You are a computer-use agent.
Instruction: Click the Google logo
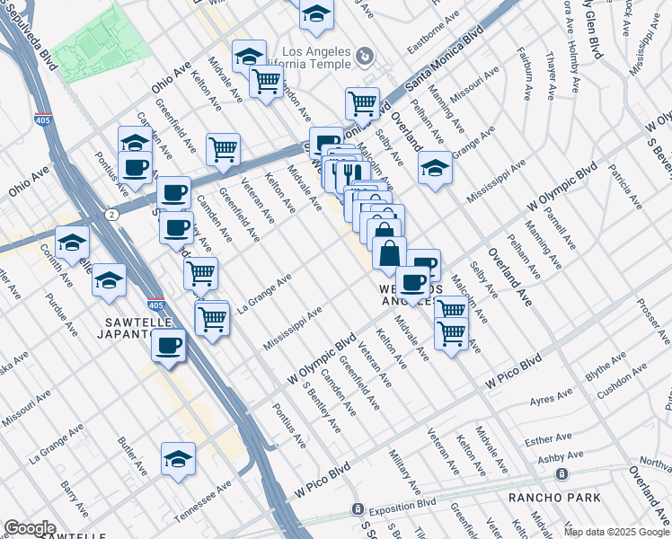coord(30,528)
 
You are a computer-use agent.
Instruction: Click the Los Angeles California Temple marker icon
coord(365,57)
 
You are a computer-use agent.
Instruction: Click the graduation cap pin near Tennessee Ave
coord(179,459)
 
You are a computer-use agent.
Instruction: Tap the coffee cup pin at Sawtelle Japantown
coord(169,345)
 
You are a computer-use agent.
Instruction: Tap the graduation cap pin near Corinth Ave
coord(73,242)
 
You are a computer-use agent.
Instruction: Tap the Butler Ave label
coord(133,456)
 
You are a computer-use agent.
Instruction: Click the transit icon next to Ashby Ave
coord(561,473)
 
